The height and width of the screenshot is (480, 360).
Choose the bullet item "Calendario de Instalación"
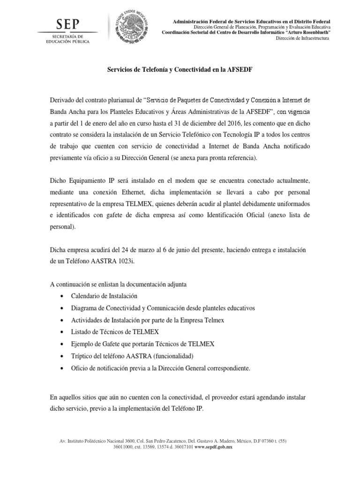click(x=104, y=296)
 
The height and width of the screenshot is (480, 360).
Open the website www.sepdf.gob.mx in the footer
click(x=212, y=447)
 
